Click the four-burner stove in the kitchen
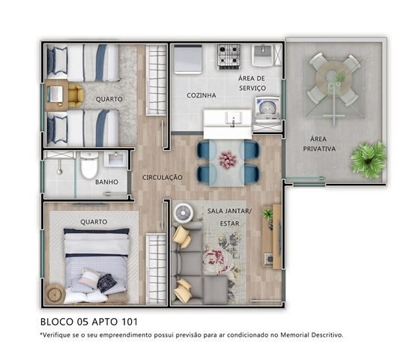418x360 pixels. [228, 57]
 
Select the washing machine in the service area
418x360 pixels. [267, 109]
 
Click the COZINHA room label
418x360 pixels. [202, 95]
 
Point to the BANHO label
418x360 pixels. [106, 182]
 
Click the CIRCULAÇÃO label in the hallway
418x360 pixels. [163, 178]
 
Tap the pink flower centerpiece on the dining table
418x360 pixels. [228, 160]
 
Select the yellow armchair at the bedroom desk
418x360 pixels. [76, 95]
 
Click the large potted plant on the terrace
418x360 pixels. [368, 160]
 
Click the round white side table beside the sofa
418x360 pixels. [184, 213]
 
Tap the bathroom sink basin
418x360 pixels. [115, 159]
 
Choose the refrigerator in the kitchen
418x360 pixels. [188, 59]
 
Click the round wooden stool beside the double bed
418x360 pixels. [55, 294]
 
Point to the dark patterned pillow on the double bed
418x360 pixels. [107, 283]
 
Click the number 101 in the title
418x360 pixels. [130, 322]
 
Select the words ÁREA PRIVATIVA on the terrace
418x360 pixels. [319, 144]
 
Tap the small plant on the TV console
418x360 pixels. [268, 214]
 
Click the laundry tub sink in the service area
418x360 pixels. [262, 55]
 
